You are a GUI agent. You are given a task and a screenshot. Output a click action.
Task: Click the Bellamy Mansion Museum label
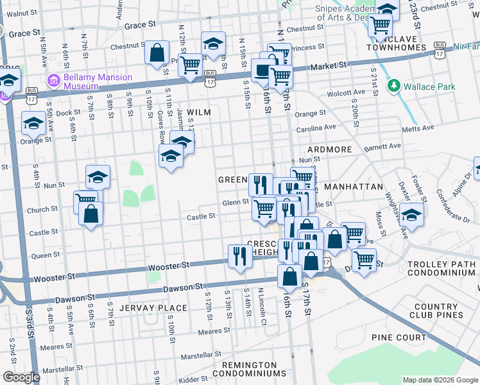coord(98,81)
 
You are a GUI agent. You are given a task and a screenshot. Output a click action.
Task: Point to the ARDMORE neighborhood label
coord(330,150)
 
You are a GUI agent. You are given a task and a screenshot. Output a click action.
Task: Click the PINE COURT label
coord(399,338)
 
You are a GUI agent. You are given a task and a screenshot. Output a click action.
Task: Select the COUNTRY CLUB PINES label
coord(439,311)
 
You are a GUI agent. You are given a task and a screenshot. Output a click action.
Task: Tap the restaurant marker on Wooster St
coord(240,256)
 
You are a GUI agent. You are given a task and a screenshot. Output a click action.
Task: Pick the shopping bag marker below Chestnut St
coord(157,54)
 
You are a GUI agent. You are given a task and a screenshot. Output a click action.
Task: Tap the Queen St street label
coord(45,255)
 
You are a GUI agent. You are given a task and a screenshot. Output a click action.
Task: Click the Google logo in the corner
coord(21,377)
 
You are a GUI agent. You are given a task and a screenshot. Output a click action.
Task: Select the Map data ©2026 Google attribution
coord(440,380)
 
